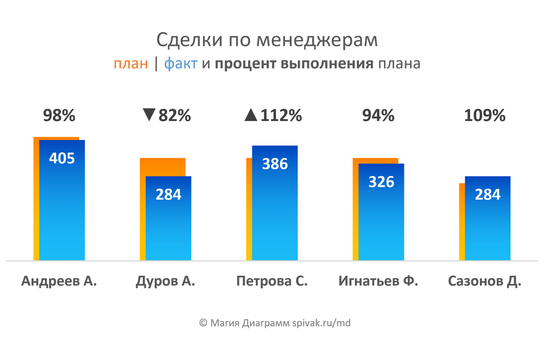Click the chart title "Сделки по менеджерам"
click(267, 40)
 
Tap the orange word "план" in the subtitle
click(131, 64)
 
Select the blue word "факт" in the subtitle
click(180, 64)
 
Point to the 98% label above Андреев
click(59, 116)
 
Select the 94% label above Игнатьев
click(378, 116)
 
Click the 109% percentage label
click(485, 116)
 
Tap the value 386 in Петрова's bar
click(275, 163)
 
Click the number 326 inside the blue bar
click(381, 181)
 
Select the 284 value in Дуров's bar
click(168, 194)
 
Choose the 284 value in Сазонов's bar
click(488, 194)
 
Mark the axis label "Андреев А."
click(59, 281)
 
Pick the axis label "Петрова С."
click(272, 281)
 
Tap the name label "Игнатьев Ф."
click(378, 281)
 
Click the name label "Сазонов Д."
click(485, 281)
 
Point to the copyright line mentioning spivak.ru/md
click(275, 323)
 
